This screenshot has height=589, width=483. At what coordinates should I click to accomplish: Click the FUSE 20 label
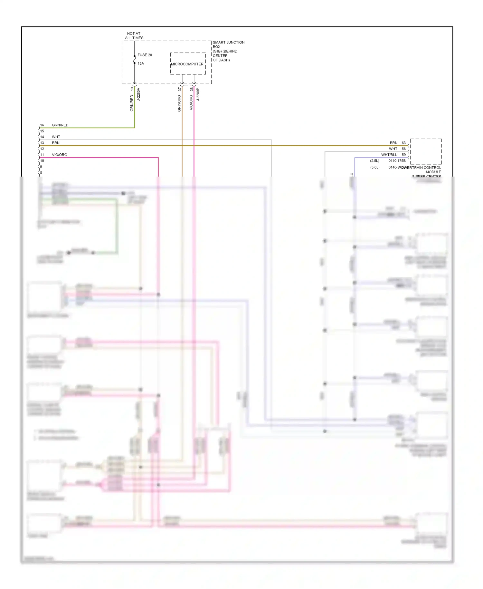click(x=145, y=55)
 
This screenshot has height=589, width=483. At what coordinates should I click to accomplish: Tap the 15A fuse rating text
click(x=141, y=63)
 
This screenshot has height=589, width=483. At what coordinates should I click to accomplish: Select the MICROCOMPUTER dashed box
click(x=188, y=64)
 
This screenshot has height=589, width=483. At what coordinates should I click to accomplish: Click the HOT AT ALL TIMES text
click(x=134, y=36)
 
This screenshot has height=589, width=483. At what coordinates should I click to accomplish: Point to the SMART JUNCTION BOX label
click(x=228, y=44)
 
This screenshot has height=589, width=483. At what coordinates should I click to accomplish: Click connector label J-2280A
click(x=139, y=94)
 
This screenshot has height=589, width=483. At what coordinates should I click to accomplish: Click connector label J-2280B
click(x=198, y=94)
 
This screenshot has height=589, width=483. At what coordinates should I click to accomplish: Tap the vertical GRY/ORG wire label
click(x=179, y=103)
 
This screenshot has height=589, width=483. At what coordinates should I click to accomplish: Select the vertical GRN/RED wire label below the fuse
click(x=132, y=103)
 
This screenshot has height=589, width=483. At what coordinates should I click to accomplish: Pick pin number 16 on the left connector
click(x=42, y=125)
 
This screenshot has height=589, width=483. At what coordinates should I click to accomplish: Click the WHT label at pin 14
click(x=56, y=137)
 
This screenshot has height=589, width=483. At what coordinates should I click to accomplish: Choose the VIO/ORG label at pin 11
click(x=60, y=155)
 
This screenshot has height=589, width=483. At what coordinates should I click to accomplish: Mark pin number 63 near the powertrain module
click(x=403, y=143)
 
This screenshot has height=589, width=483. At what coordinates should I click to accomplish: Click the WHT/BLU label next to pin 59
click(x=389, y=155)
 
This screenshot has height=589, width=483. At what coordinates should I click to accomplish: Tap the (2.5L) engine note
click(x=374, y=161)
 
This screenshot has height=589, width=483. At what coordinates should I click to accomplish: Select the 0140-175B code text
click(x=397, y=161)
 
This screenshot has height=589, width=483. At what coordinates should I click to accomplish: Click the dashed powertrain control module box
click(x=426, y=151)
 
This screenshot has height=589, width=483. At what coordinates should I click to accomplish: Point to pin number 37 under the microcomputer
click(x=180, y=89)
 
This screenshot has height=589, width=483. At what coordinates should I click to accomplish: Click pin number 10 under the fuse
click(x=132, y=89)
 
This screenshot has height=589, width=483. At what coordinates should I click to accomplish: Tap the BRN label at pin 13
click(x=56, y=143)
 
